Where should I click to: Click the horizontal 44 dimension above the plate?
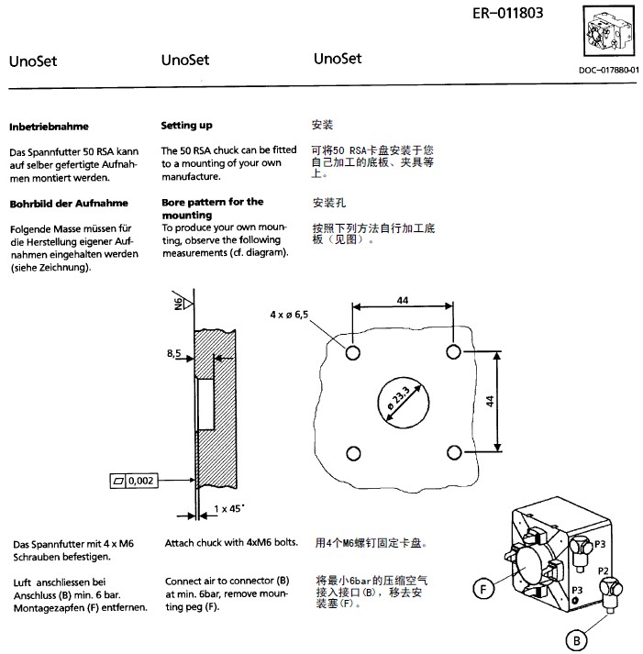pyautogui.click(x=403, y=299)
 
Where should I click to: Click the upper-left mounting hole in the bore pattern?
pyautogui.click(x=352, y=352)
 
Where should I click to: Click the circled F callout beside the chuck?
pyautogui.click(x=484, y=588)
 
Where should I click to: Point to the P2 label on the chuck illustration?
pyautogui.click(x=604, y=570)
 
